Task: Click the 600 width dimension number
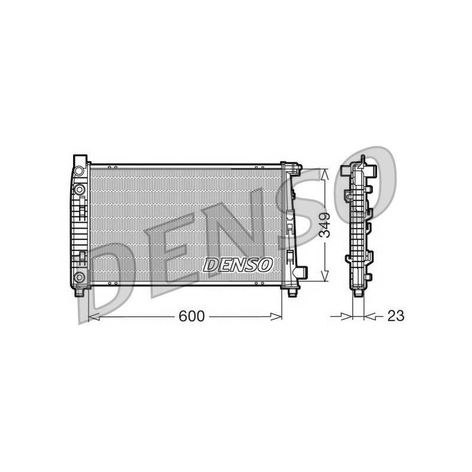click(x=191, y=316)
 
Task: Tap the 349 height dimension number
click(x=325, y=225)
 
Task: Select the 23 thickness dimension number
click(x=395, y=316)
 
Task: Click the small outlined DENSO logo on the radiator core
click(x=238, y=264)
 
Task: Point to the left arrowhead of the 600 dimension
click(x=94, y=317)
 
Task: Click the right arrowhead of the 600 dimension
click(x=276, y=316)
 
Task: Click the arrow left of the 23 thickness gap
click(x=342, y=316)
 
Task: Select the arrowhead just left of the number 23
click(x=370, y=316)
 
